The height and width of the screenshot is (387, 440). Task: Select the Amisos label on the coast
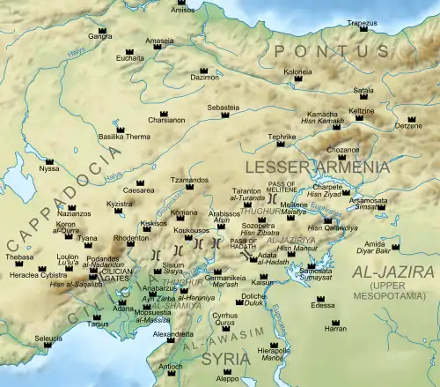(181, 10)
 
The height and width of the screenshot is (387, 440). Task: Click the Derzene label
(407, 126)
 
